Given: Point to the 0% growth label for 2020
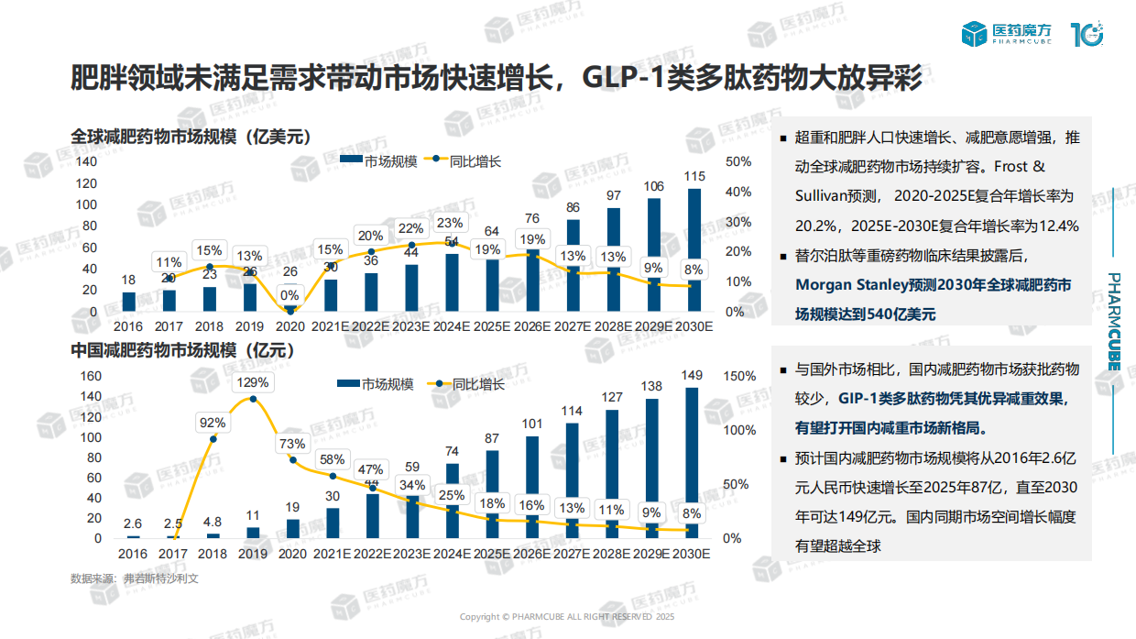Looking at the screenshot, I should (289, 295).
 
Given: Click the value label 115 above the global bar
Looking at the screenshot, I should (694, 176).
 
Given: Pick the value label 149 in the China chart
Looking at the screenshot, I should (692, 374).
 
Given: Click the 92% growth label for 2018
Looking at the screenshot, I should (213, 423).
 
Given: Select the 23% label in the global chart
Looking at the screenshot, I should (449, 223).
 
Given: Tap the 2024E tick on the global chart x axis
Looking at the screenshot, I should (452, 326).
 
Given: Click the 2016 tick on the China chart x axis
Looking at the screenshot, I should (132, 554).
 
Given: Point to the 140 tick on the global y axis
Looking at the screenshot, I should (85, 161).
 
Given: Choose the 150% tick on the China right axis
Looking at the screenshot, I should (739, 376).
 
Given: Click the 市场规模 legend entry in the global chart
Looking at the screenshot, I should (379, 161).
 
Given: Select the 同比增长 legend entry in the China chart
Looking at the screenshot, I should (469, 385).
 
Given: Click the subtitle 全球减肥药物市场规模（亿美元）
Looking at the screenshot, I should (191, 137).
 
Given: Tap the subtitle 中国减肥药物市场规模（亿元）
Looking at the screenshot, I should (182, 350).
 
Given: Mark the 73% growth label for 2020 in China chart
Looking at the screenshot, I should (292, 444).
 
